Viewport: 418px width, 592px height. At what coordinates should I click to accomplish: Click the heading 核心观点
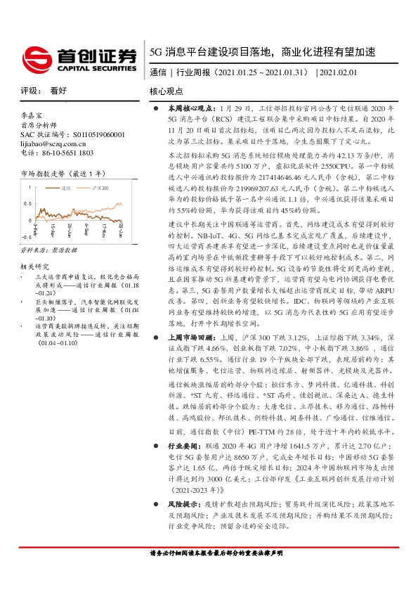[166, 91]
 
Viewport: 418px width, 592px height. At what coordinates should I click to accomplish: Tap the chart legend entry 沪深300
[103, 188]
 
